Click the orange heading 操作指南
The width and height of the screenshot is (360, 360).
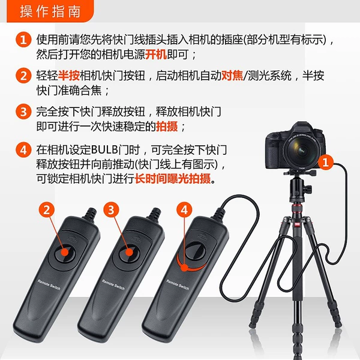(50, 11)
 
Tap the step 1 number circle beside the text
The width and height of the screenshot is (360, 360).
(23, 40)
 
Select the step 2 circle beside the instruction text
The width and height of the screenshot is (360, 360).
(23, 76)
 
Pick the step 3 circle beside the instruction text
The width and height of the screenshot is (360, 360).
(23, 112)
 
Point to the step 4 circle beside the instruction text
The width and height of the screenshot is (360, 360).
(23, 150)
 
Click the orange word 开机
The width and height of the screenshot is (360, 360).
(156, 55)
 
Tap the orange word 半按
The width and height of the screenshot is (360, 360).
(69, 76)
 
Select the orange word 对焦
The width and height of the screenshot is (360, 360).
(232, 76)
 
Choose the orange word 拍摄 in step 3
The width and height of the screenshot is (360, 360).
(167, 126)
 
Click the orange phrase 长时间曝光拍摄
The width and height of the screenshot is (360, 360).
(172, 178)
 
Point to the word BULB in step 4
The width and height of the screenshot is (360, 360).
(104, 150)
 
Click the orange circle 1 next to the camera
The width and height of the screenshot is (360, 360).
(326, 163)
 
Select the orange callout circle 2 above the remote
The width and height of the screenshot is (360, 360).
(47, 210)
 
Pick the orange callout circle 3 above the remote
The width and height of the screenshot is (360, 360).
(111, 210)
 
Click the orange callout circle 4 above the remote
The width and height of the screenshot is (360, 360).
(184, 210)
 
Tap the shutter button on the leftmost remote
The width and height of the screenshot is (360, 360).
(65, 253)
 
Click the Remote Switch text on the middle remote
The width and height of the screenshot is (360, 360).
(113, 284)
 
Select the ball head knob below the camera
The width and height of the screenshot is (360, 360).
(308, 189)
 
